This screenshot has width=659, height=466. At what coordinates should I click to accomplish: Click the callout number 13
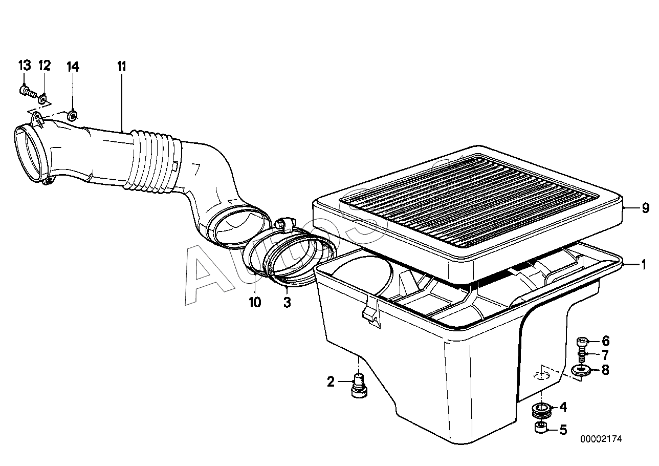coord(25,66)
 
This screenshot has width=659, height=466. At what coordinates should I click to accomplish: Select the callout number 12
coord(44,66)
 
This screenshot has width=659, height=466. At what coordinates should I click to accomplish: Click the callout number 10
coord(255,302)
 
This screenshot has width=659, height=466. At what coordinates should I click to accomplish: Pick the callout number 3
coord(287,302)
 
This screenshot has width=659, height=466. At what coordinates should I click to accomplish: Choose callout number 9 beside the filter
coord(645,208)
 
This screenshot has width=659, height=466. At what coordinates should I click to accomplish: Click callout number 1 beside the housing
coord(644,265)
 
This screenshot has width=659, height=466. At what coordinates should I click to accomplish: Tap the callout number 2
coord(331,381)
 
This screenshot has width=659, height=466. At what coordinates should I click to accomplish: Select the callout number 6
coord(605,341)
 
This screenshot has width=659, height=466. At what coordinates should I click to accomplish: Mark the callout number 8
coord(605,369)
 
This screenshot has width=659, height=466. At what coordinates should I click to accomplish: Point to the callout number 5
coord(563,429)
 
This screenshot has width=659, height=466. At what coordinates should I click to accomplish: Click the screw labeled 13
coord(27,93)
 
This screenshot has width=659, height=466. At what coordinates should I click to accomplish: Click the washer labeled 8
coord(580,370)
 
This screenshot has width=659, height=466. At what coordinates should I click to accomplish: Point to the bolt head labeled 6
coord(582,341)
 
